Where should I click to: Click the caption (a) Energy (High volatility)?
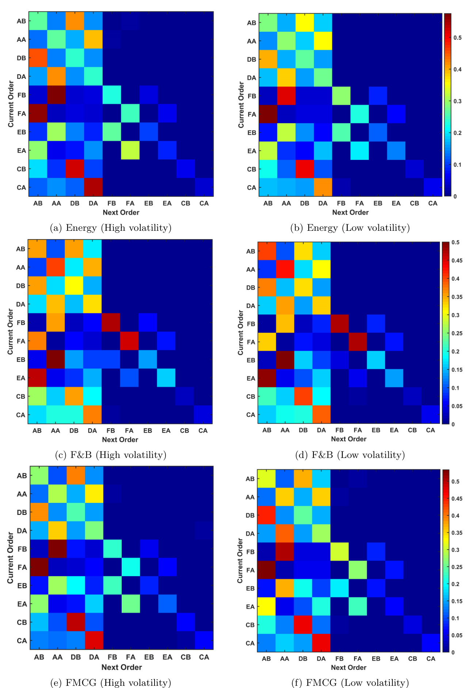point(111,228)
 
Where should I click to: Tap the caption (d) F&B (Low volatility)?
point(350,455)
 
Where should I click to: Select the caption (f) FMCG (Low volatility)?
point(350,683)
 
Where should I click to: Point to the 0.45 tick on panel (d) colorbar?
point(457,260)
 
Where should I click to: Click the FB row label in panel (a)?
point(22,95)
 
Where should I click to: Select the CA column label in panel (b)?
point(433,203)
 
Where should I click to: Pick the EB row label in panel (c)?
point(21,359)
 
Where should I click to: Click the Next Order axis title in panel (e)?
point(121,667)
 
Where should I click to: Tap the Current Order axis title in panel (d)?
point(240,332)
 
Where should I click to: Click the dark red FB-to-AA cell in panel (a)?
point(56,95)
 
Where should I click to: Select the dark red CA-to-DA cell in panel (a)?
point(93,187)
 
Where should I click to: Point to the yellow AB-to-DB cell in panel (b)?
point(305,23)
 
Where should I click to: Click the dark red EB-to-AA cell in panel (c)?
point(56,359)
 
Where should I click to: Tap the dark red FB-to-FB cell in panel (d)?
point(339,324)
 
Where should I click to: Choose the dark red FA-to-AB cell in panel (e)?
point(39,567)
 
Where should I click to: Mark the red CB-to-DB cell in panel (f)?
point(303,625)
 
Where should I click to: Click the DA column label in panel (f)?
point(321,658)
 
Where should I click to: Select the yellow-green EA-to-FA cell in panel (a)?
point(130,150)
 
